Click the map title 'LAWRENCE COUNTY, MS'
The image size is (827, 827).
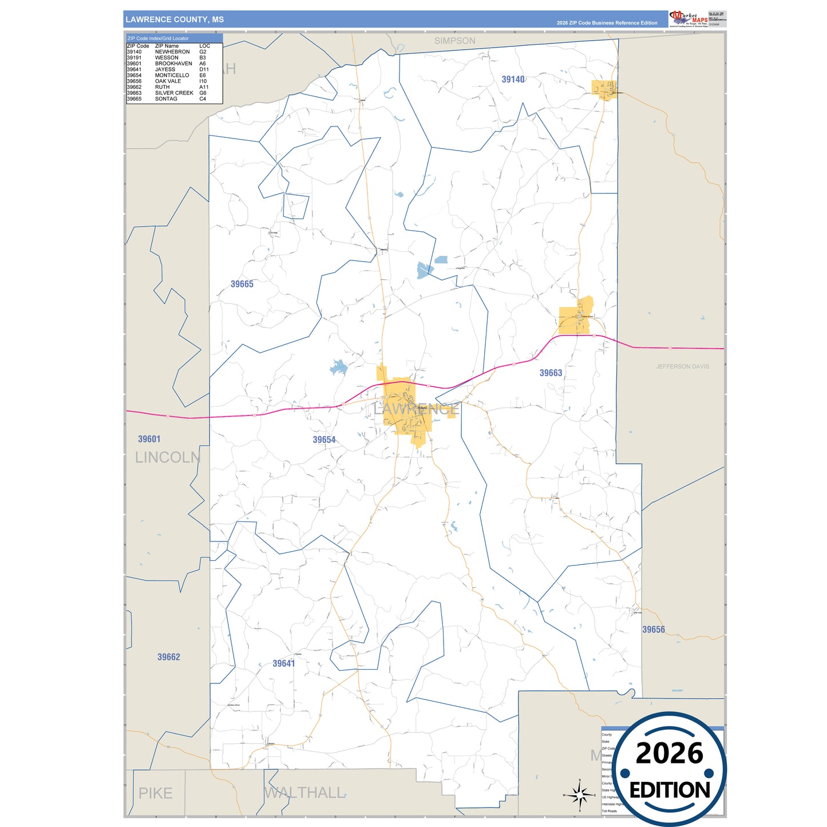[175, 19]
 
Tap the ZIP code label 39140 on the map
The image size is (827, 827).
[513, 80]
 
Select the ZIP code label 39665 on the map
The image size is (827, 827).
[242, 284]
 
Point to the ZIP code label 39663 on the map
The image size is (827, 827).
[551, 373]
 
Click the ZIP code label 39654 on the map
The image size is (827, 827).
[324, 440]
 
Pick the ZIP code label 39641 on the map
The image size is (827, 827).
[283, 663]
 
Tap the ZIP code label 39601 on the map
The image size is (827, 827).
[149, 439]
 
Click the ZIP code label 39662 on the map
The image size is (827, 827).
[168, 657]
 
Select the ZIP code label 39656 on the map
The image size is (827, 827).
[653, 630]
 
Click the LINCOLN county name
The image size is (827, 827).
[167, 457]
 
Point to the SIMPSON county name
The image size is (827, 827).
[454, 41]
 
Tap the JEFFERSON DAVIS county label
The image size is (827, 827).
[682, 366]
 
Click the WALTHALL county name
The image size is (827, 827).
[304, 793]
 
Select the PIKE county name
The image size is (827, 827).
[155, 793]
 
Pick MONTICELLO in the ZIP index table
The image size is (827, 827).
[172, 76]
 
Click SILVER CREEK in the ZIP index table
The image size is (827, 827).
[174, 93]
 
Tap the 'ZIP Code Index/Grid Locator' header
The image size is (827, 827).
[158, 38]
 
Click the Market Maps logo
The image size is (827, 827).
[688, 18]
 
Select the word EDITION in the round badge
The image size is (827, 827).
[670, 790]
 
